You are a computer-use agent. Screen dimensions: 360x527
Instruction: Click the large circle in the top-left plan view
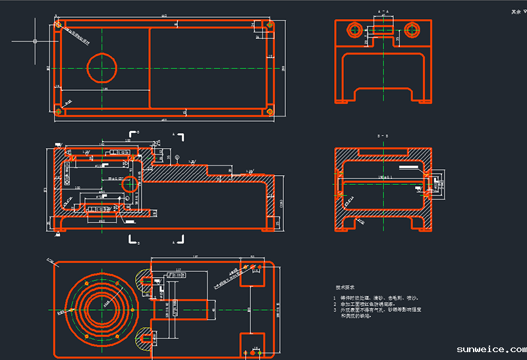click(101, 65)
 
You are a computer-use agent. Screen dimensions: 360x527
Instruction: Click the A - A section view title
click(383, 12)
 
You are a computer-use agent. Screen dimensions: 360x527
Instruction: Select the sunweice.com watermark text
click(491, 349)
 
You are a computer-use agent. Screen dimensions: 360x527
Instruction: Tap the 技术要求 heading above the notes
click(345, 288)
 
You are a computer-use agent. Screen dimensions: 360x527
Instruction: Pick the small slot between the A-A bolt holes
click(383, 29)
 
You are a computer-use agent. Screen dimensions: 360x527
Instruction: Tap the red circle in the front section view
click(130, 184)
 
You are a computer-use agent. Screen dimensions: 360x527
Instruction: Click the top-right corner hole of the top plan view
click(269, 25)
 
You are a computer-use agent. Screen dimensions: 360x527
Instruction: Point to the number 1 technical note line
click(376, 298)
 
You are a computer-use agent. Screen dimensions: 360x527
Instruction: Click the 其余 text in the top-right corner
click(516, 11)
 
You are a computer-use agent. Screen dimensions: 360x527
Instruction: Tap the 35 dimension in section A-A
click(397, 39)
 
